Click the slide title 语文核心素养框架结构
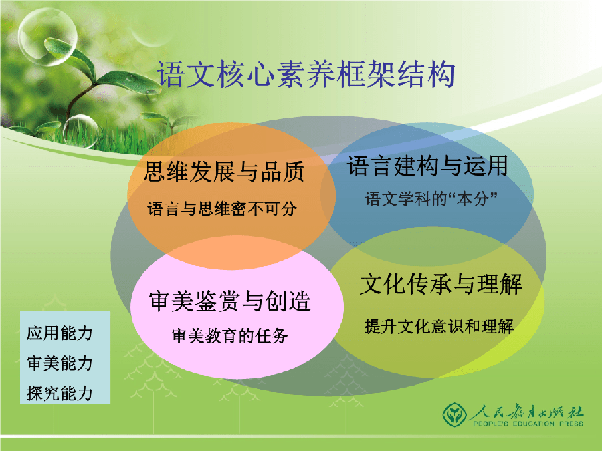coord(306,74)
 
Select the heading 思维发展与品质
coord(224,172)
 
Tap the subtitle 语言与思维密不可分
coord(222,209)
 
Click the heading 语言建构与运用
coord(427,166)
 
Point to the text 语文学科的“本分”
coord(431,199)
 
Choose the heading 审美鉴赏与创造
coord(229,301)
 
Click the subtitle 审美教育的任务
coord(229,336)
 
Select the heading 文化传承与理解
coord(441,284)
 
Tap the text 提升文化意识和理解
coord(439,326)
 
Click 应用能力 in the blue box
coord(60,333)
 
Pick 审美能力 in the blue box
coord(60,363)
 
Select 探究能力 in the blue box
coord(60,393)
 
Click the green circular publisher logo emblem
coord(455,414)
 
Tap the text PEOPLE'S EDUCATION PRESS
coord(528,424)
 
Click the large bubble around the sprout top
coord(47,37)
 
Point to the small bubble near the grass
coord(81,131)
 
